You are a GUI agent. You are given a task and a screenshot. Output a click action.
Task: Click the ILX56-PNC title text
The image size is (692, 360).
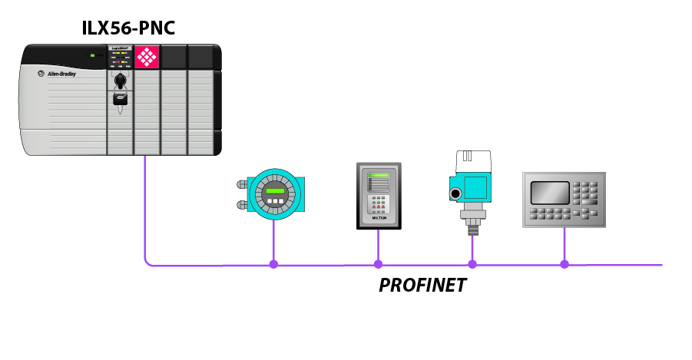click(129, 28)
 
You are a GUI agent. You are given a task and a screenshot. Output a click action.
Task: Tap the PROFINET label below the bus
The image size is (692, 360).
click(422, 286)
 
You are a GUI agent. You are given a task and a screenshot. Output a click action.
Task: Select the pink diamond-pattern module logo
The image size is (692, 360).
click(146, 58)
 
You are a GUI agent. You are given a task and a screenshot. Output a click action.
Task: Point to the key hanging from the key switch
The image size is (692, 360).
click(121, 100)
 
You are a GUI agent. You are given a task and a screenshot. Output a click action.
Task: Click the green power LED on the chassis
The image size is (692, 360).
click(91, 55)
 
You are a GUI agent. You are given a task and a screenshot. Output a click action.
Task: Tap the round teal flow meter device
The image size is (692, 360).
click(273, 194)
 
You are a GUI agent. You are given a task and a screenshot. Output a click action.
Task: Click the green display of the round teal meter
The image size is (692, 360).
click(273, 192)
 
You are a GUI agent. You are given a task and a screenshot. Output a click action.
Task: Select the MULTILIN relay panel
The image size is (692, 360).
click(378, 196)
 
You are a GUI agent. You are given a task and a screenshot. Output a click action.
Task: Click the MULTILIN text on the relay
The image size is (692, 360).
click(378, 219)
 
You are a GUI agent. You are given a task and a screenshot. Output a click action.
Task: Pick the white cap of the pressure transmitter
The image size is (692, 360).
click(474, 160)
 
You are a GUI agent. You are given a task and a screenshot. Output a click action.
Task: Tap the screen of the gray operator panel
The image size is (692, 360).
click(550, 192)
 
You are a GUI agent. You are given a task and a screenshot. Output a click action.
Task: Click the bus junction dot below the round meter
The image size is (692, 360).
click(273, 264)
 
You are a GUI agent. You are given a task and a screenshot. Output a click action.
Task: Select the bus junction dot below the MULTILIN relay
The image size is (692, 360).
click(378, 264)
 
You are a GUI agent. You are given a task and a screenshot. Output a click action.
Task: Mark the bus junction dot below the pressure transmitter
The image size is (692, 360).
click(472, 264)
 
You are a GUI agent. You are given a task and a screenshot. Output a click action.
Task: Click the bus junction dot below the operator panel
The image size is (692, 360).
click(565, 264)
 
